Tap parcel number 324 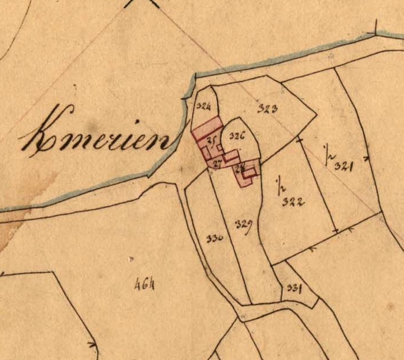pyautogui.click(x=204, y=107)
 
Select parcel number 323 pyautogui.click(x=267, y=108)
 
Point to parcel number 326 pyautogui.click(x=236, y=136)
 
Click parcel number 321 pyautogui.click(x=343, y=166)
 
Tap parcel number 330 pyautogui.click(x=215, y=238)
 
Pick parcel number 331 pyautogui.click(x=294, y=287)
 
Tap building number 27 pyautogui.click(x=217, y=163)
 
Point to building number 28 pyautogui.click(x=240, y=168)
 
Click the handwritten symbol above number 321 pyautogui.click(x=327, y=152)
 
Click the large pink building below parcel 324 pyautogui.click(x=207, y=132)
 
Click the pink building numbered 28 pyautogui.click(x=246, y=172)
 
